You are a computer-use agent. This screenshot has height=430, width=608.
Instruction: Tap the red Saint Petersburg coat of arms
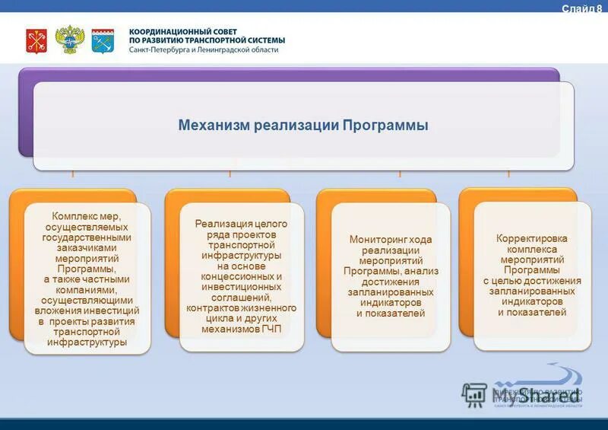[36, 40]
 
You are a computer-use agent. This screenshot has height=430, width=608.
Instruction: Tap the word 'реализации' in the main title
[299, 125]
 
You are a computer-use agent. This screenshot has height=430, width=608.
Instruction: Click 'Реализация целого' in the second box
[241, 224]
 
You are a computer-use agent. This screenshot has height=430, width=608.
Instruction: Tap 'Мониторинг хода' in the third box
[391, 240]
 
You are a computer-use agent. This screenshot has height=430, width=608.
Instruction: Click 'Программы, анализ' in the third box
[391, 271]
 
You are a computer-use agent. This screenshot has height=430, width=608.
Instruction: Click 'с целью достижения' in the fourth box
[532, 281]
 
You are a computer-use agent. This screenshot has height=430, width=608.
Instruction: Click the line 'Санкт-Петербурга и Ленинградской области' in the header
[204, 49]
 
